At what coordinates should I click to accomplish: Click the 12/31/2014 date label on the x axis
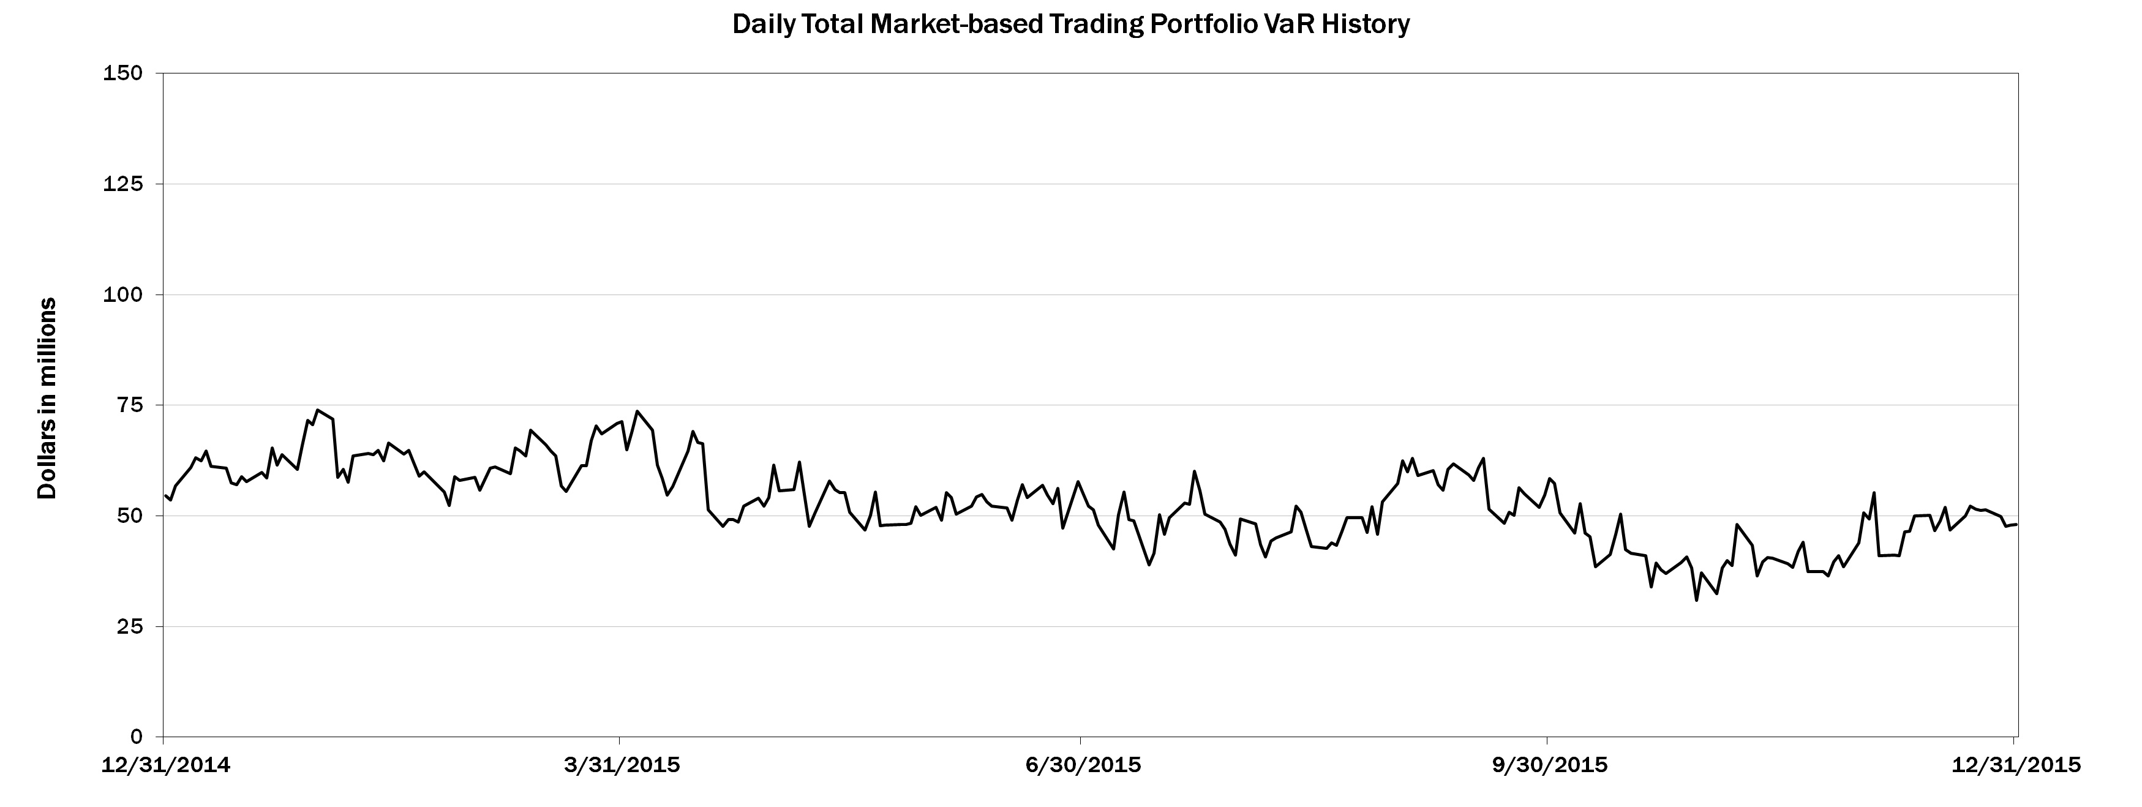pyautogui.click(x=165, y=765)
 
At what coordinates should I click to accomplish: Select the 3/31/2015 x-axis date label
pyautogui.click(x=621, y=765)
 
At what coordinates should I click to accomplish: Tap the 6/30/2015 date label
pyautogui.click(x=1083, y=765)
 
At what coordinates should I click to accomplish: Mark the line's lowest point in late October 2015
pyautogui.click(x=1696, y=600)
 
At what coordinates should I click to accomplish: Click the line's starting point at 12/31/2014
pyautogui.click(x=165, y=495)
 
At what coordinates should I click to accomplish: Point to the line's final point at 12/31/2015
pyautogui.click(x=2016, y=524)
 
